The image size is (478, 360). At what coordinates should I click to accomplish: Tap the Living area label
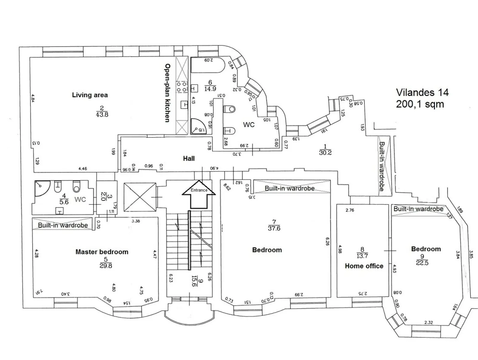click(90, 95)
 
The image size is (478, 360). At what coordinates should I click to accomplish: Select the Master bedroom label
click(102, 252)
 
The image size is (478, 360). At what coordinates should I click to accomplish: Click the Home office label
click(364, 266)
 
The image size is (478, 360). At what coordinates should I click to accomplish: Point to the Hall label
click(189, 159)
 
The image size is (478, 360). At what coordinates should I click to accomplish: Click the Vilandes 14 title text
click(422, 92)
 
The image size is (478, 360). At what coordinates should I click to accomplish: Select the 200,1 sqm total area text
click(420, 104)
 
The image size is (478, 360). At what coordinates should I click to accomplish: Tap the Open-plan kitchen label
click(168, 93)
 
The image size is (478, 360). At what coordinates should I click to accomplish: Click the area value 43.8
click(102, 114)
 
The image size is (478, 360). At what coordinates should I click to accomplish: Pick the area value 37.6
click(274, 228)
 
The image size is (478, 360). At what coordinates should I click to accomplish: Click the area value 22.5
click(422, 263)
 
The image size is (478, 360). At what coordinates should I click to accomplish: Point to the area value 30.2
click(325, 153)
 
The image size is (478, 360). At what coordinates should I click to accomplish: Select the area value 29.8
click(106, 266)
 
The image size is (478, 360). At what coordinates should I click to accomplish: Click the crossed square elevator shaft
click(140, 197)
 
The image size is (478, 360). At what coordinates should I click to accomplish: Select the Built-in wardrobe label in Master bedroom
click(63, 225)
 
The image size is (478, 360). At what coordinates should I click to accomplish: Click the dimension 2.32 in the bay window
click(428, 322)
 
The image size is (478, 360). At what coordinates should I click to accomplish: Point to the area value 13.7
click(362, 256)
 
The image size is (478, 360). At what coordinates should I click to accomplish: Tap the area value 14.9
click(210, 89)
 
